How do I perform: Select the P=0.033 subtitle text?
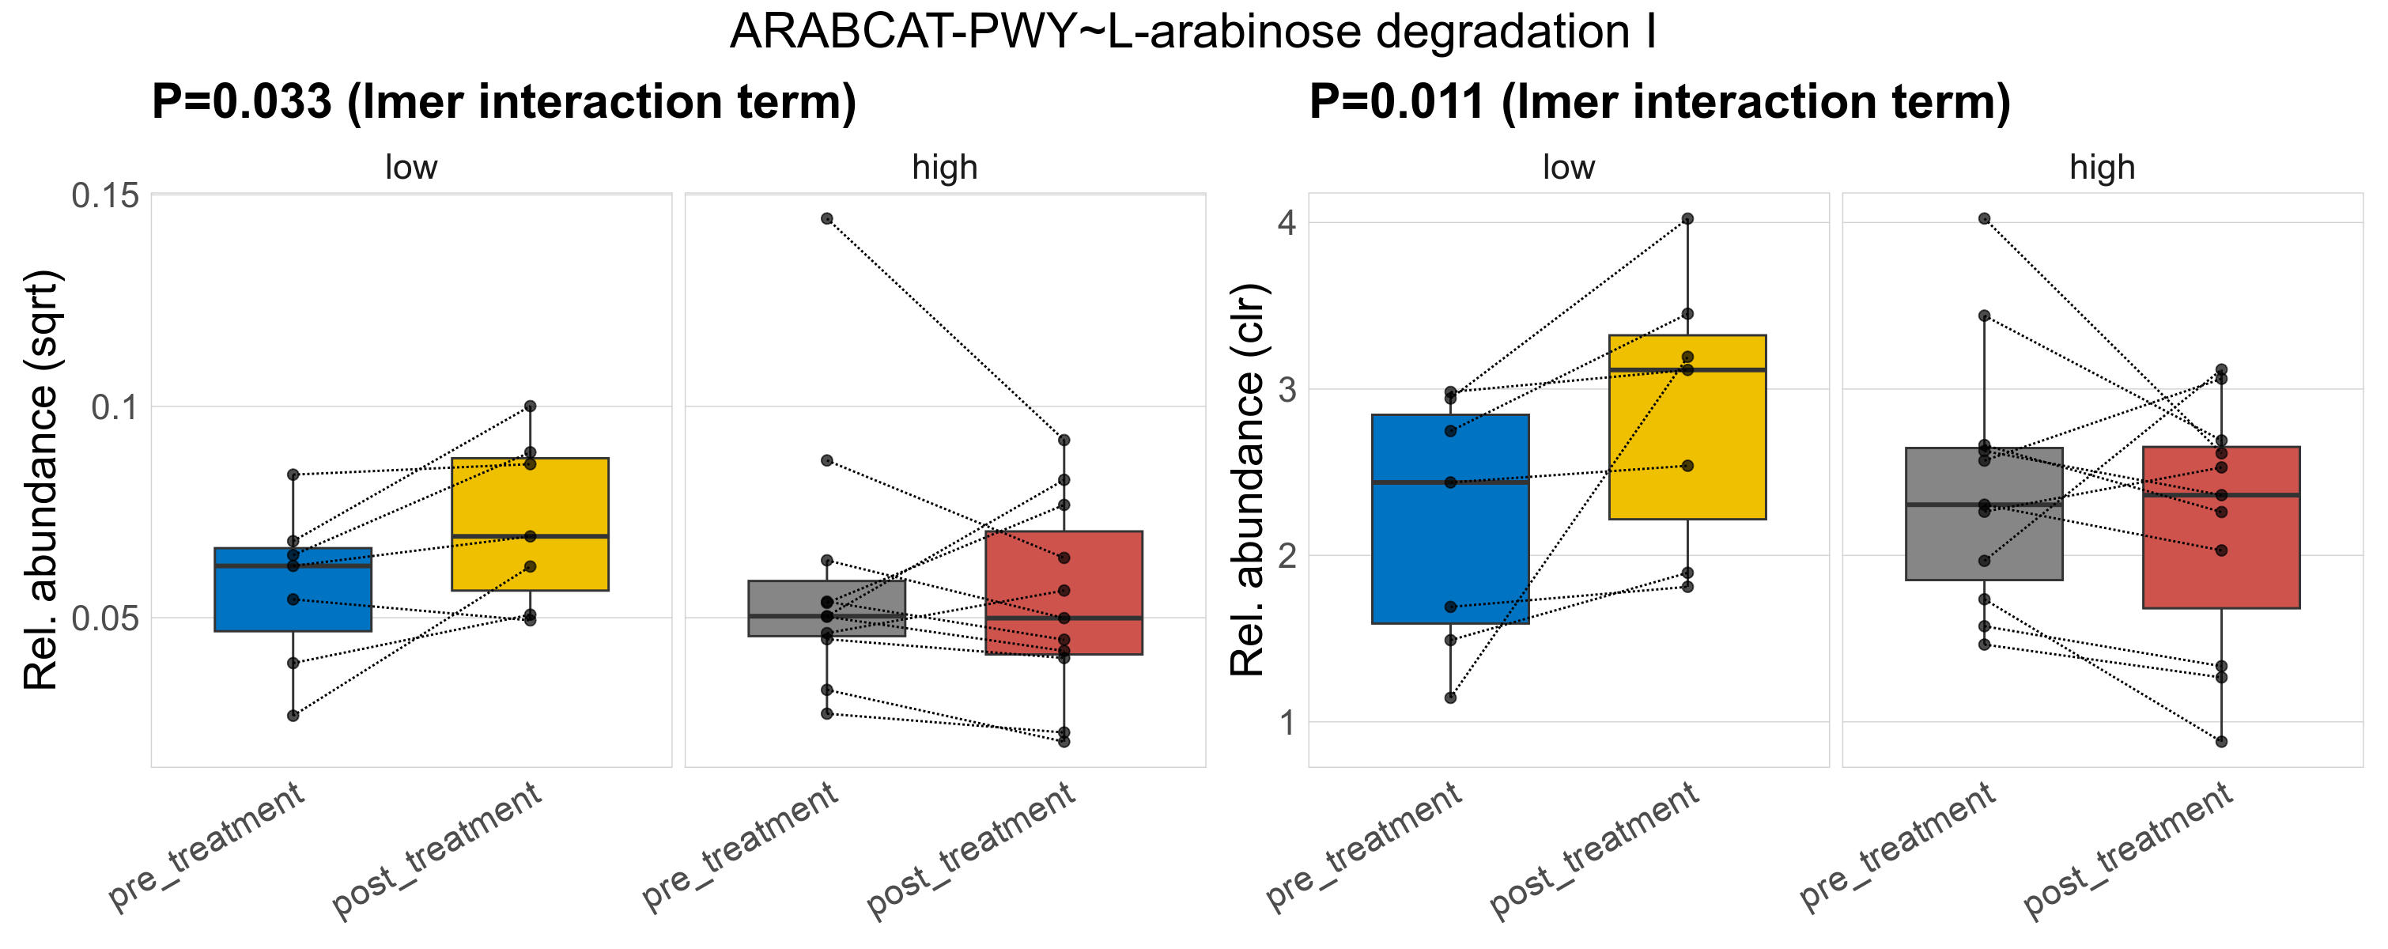504,102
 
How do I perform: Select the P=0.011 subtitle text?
1660,102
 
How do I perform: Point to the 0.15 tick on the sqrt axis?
104,195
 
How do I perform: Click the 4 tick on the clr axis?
1287,223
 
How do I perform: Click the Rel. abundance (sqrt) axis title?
41,480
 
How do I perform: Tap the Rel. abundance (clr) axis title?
1247,480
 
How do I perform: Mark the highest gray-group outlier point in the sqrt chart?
827,219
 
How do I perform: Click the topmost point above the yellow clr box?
1687,219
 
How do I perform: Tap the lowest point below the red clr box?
2221,742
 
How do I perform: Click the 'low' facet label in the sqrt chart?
410,168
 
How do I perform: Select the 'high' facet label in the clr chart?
2102,168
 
